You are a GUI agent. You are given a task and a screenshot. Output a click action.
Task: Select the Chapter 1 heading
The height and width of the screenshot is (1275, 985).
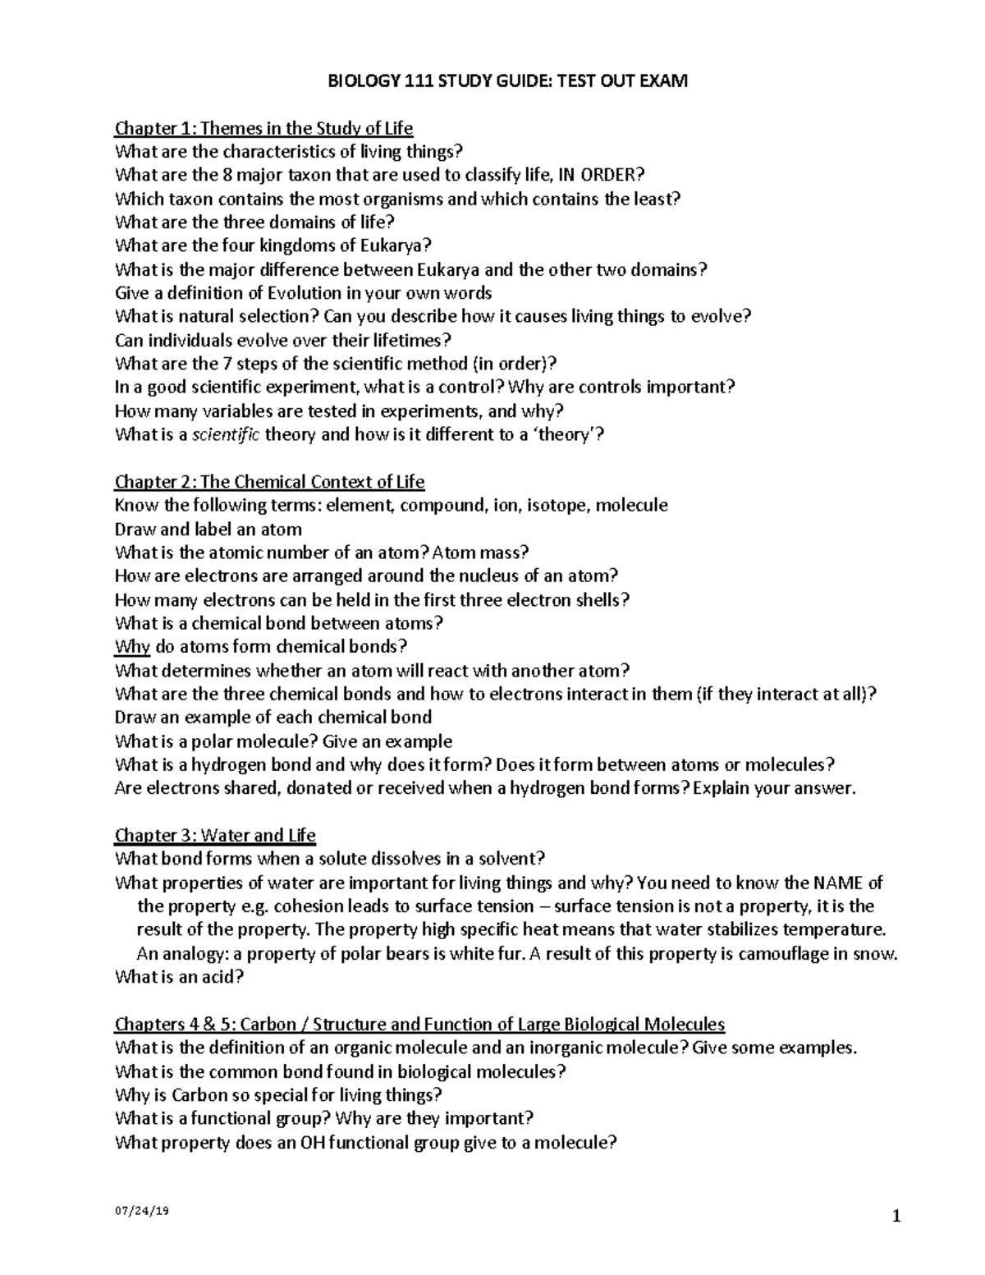pyautogui.click(x=263, y=128)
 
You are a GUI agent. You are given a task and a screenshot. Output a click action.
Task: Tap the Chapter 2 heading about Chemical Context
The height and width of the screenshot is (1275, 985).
pyautogui.click(x=269, y=481)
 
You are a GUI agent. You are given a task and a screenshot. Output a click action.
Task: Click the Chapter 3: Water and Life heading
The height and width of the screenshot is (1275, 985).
pyautogui.click(x=215, y=835)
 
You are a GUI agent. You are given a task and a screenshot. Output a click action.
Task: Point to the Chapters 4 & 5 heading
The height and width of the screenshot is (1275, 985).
pyautogui.click(x=419, y=1024)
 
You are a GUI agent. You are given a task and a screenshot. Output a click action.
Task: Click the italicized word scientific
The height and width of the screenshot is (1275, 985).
pyautogui.click(x=225, y=434)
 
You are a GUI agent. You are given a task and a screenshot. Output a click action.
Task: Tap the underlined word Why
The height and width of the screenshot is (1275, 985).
pyautogui.click(x=132, y=646)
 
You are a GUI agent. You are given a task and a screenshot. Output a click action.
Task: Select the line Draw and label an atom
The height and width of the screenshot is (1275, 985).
pyautogui.click(x=208, y=529)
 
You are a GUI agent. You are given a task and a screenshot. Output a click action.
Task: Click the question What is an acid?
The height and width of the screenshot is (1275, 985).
pyautogui.click(x=180, y=977)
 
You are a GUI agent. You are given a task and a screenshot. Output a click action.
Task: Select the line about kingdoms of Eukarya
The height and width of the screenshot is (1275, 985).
pyautogui.click(x=273, y=245)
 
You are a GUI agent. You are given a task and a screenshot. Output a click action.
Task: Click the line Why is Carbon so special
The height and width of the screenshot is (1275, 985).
pyautogui.click(x=279, y=1094)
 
